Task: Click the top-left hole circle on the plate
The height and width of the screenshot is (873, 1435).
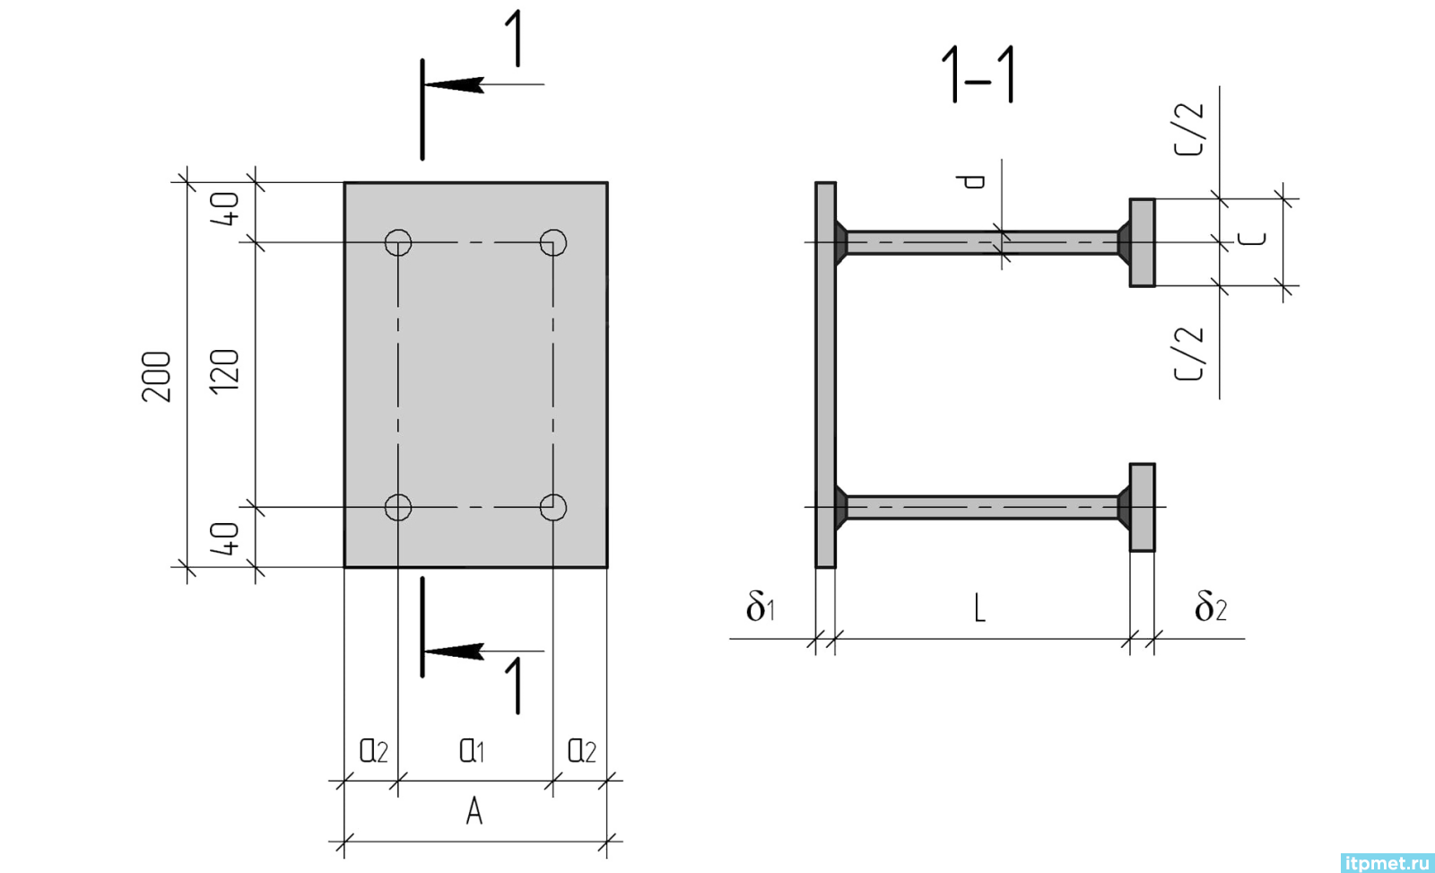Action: point(398,230)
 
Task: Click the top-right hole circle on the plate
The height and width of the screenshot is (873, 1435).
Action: point(552,230)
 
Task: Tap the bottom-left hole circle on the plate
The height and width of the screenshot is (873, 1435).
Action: point(398,495)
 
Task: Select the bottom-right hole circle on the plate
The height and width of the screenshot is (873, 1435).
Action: point(552,495)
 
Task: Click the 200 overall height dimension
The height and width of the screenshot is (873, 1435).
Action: point(157,377)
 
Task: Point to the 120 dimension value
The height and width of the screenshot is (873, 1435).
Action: point(225,371)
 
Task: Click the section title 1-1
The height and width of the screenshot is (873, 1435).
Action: point(978,74)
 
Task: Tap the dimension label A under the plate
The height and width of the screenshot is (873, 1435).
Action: point(474,811)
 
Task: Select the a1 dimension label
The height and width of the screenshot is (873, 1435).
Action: point(472,750)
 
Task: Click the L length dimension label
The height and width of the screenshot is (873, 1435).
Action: point(979,607)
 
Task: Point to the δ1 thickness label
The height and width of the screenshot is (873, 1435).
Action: point(761,606)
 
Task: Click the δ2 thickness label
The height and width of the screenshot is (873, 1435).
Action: point(1210,606)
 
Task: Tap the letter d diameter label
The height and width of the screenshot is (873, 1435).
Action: point(970,182)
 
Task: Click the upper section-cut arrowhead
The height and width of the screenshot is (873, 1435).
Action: point(454,84)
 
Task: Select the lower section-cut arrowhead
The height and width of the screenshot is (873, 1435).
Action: point(454,651)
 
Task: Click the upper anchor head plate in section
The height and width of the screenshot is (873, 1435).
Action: point(1143,243)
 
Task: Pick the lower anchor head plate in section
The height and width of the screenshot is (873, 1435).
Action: point(1143,508)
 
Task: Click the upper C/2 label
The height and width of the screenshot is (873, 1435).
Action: point(1189,129)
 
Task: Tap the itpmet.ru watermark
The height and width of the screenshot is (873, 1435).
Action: point(1387,863)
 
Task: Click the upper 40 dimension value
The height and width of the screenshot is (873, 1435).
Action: point(225,209)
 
